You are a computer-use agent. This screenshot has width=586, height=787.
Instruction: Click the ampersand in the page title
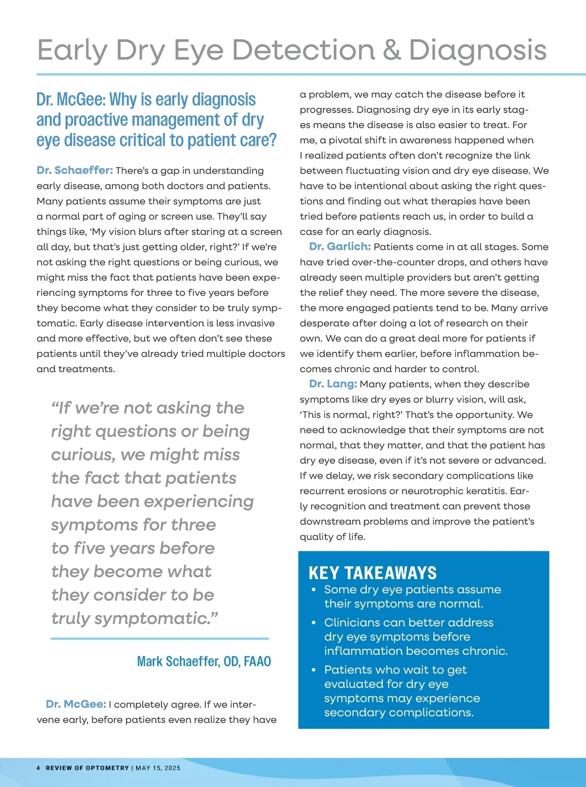[x=392, y=50]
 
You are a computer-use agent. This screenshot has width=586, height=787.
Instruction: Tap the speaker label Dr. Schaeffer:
[x=75, y=170]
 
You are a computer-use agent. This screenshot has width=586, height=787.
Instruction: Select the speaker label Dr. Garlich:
[x=340, y=247]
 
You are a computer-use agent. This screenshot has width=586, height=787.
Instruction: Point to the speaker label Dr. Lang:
[x=333, y=384]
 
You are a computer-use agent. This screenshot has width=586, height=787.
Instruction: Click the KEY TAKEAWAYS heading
[x=373, y=573]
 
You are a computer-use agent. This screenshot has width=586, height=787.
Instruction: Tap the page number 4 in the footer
[x=39, y=768]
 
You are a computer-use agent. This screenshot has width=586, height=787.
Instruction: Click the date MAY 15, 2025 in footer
[x=158, y=768]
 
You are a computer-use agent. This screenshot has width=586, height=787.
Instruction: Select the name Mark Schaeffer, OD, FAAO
[x=204, y=662]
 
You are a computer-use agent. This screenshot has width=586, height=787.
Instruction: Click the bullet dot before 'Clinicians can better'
[x=314, y=623]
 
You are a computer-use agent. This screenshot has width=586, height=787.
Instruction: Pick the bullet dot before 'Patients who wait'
[x=314, y=670]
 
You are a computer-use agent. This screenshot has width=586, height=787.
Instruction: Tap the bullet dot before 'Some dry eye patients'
[x=314, y=590]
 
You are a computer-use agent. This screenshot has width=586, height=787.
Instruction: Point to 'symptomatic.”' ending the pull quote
[x=156, y=618]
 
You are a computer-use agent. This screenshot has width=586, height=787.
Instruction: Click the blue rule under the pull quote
[x=160, y=638]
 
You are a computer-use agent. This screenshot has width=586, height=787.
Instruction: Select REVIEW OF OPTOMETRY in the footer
[x=87, y=768]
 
